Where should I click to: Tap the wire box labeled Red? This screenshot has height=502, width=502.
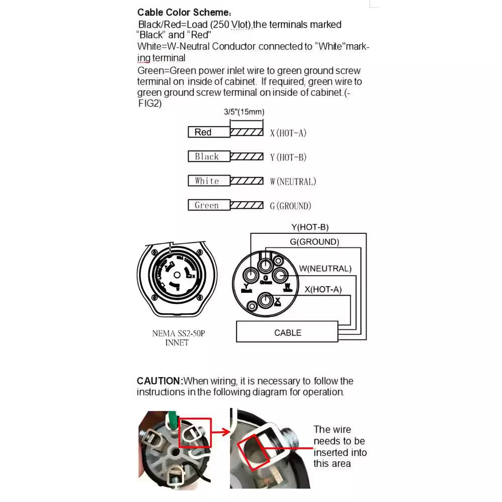coord(209,132)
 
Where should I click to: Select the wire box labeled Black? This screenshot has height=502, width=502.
coord(209,157)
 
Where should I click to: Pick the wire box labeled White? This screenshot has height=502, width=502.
coord(209,181)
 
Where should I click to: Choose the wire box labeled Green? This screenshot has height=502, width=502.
coord(209,205)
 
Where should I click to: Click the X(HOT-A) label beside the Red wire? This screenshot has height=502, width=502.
coord(288,133)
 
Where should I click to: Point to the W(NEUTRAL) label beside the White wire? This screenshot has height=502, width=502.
coord(293,182)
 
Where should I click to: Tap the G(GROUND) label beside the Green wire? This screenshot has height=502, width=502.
coord(291,206)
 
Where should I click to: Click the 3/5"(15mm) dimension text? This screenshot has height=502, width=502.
coord(244,112)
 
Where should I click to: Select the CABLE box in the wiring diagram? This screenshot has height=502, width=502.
coord(288,333)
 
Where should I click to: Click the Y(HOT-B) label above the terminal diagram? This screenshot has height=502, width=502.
coord(310,227)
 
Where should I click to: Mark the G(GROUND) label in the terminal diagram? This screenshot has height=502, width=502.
coord(314,242)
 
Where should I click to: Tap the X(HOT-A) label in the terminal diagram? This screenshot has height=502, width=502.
coord(323,289)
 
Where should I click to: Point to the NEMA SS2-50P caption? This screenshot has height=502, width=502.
coord(178,333)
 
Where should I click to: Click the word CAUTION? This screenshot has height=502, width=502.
coord(159,381)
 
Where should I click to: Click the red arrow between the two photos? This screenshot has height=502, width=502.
coord(220,431)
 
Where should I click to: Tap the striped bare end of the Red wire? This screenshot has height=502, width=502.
coord(246,132)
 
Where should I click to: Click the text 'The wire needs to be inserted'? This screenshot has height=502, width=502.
coord(339,441)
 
